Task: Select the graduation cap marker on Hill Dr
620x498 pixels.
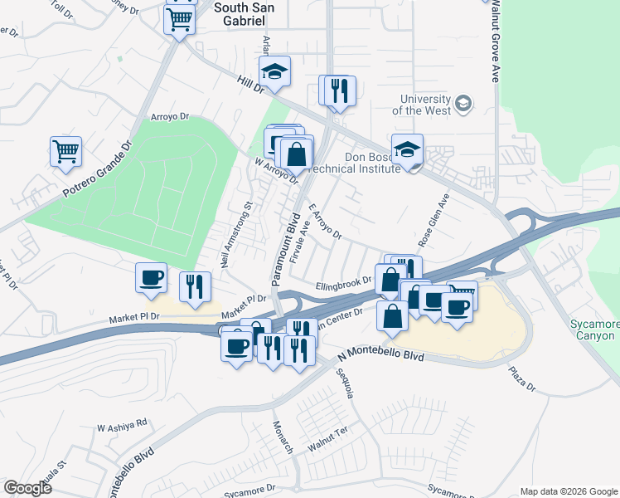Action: pyautogui.click(x=274, y=72)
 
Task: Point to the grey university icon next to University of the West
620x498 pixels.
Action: pyautogui.click(x=463, y=104)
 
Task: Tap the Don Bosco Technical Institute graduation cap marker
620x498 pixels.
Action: pyautogui.click(x=407, y=150)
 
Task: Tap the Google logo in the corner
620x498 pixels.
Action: pyautogui.click(x=27, y=487)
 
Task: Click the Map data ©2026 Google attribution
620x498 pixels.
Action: pyautogui.click(x=568, y=491)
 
